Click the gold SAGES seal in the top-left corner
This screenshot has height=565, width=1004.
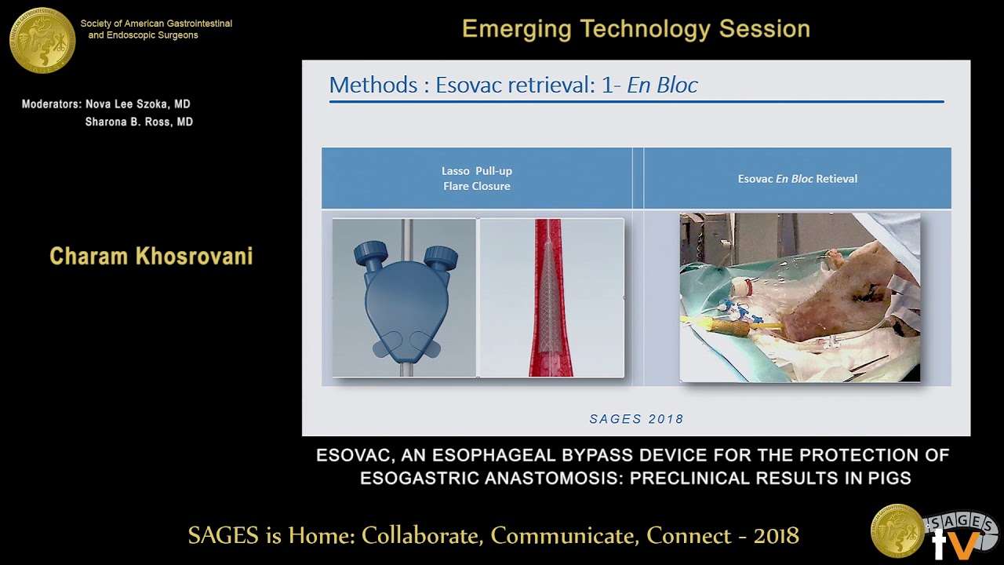coord(42,39)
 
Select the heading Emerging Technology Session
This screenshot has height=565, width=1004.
coord(635,29)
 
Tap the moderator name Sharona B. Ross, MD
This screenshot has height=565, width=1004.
coord(139,122)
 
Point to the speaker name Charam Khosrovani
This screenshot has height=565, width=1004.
coord(151,257)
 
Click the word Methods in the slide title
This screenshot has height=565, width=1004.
coord(373,85)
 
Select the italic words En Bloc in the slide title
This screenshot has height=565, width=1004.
coord(662,85)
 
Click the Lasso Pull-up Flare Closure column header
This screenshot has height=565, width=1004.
coord(476,179)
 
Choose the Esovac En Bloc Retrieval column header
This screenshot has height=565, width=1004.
coord(797,179)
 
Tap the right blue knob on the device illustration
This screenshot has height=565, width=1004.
coord(441,255)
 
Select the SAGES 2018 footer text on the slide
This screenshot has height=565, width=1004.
coord(636,419)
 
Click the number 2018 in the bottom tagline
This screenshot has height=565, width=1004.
coord(776,536)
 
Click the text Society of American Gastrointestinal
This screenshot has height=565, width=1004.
coord(156,24)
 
